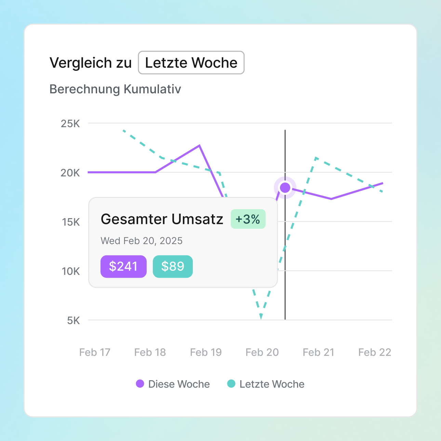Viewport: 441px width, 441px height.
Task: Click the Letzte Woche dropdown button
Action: pos(191,63)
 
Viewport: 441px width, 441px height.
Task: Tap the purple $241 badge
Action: pos(123,266)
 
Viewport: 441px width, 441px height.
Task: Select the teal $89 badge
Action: pos(173,266)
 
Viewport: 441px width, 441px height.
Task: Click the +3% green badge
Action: pos(248,219)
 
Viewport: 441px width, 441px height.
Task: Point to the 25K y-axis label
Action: pos(70,123)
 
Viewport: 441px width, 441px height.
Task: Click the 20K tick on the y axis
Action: pos(70,173)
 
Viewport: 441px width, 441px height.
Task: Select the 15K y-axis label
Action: pos(71,222)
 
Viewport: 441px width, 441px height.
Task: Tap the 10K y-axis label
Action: pos(71,271)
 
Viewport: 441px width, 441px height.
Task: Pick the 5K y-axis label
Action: pos(73,320)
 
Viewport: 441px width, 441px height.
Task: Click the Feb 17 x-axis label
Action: pos(95,352)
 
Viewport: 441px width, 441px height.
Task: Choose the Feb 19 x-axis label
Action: pos(206,352)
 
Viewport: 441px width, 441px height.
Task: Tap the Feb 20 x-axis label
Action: pos(262,352)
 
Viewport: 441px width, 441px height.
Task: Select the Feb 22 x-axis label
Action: pos(375,352)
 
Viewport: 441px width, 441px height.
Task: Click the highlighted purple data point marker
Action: pos(285,187)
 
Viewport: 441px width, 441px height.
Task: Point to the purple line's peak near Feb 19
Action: pos(199,146)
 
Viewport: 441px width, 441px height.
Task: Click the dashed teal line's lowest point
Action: pos(261,317)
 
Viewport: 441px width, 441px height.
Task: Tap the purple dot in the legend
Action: pos(140,384)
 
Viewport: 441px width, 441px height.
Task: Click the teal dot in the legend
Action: pos(231,384)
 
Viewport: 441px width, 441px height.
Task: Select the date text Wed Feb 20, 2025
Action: pos(142,241)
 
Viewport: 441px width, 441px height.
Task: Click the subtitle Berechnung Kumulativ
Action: pos(115,89)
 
